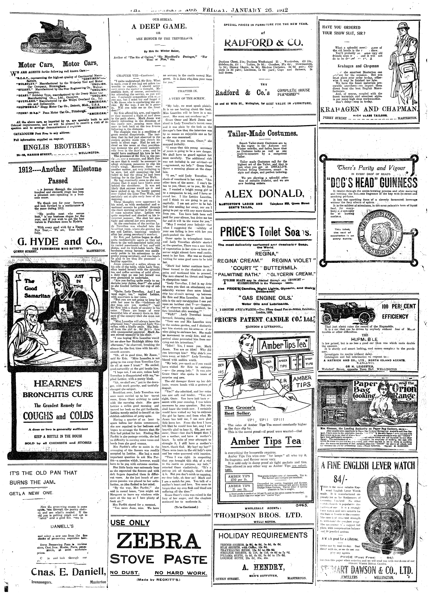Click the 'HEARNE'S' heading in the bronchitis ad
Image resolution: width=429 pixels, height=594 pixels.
[58, 384]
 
